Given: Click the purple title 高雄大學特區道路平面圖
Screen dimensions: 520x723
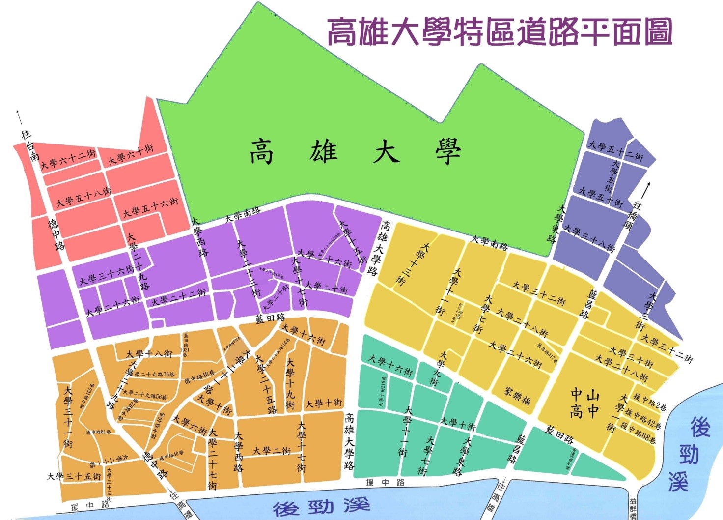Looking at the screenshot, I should point(499,32).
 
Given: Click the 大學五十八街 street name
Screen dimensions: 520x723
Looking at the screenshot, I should point(83,197).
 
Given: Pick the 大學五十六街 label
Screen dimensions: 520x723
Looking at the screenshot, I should point(150,207).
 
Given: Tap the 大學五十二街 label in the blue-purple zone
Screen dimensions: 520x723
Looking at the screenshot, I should point(615,151).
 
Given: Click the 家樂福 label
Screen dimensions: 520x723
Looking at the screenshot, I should point(517,396).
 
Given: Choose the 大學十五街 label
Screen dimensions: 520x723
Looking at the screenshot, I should point(354,241).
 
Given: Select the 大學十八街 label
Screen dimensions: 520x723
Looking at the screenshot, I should point(149,353).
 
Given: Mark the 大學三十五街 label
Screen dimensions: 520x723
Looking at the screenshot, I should point(74,476).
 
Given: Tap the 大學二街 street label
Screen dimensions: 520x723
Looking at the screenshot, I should point(272,450).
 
